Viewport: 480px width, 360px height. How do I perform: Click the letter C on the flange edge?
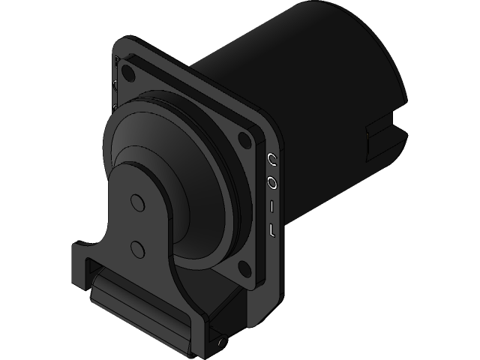(x=272, y=159)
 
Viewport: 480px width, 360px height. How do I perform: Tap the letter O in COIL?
(x=272, y=182)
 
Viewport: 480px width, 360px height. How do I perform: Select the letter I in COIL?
(x=272, y=205)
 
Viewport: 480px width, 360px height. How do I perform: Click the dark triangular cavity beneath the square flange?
(x=225, y=300)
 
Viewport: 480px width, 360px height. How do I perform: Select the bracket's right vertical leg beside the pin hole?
(x=199, y=330)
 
